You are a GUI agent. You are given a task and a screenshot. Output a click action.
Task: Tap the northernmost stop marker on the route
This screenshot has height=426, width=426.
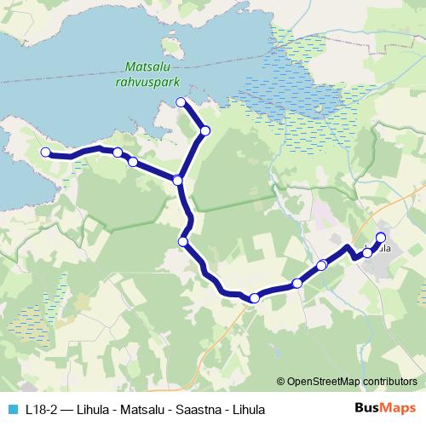181,102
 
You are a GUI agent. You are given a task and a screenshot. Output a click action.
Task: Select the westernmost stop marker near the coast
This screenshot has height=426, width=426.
45,152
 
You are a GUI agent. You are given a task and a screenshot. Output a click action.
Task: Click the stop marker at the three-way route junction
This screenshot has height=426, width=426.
177,180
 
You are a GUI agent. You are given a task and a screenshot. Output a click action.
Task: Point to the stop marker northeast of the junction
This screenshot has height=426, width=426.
204,130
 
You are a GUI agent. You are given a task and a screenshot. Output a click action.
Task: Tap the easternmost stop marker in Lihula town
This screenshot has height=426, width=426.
380,238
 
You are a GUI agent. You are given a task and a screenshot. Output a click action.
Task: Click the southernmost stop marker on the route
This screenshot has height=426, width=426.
254,297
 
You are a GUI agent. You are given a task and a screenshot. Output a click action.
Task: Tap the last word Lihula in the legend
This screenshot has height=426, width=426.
247,410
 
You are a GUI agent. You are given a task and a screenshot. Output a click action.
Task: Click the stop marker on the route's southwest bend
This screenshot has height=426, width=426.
182,242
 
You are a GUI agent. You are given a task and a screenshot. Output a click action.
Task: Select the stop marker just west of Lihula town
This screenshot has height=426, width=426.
322,265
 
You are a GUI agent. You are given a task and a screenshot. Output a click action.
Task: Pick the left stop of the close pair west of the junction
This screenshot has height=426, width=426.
118,153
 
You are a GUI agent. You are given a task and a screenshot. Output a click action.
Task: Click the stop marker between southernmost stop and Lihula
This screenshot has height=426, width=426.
297,283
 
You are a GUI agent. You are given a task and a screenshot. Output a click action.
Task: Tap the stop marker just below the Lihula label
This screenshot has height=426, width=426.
367,253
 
